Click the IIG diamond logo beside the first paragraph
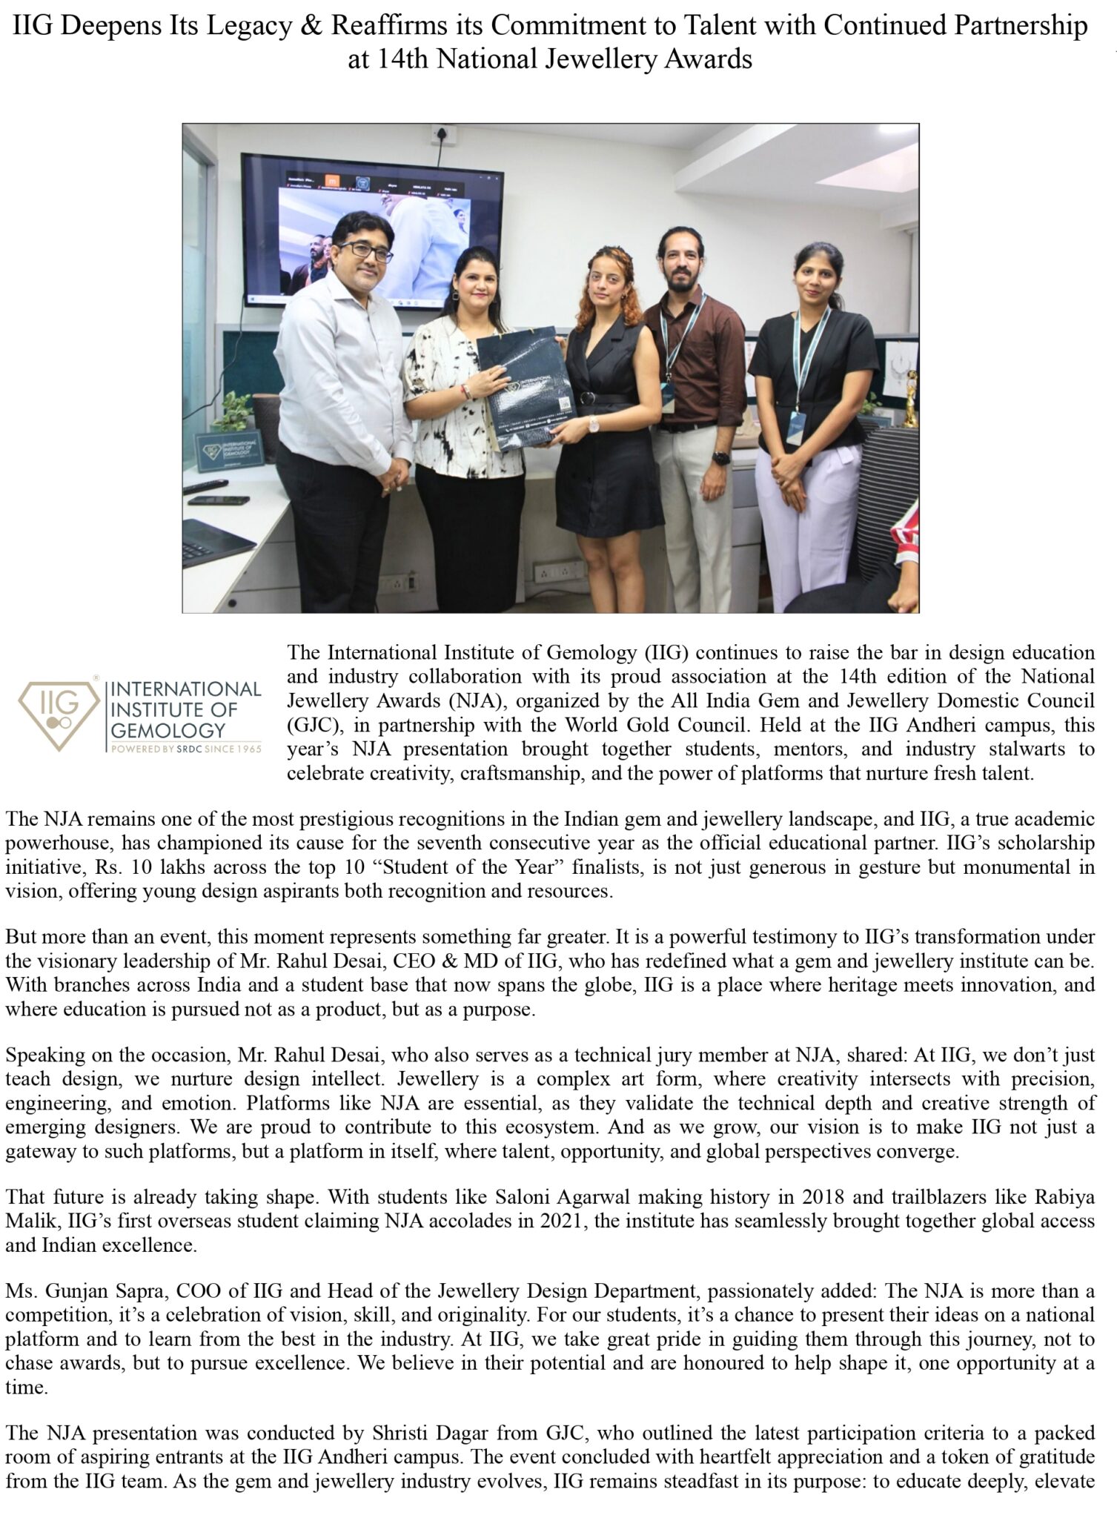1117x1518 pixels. tap(59, 712)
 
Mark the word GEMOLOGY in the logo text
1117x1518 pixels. tap(168, 730)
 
